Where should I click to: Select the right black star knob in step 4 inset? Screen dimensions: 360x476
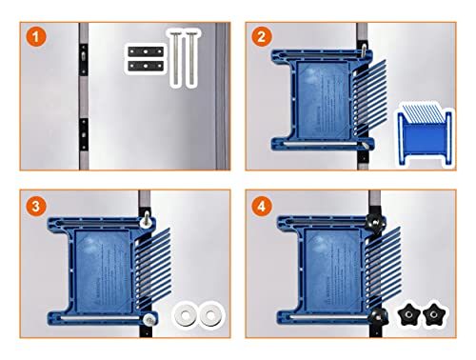click(439, 311)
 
